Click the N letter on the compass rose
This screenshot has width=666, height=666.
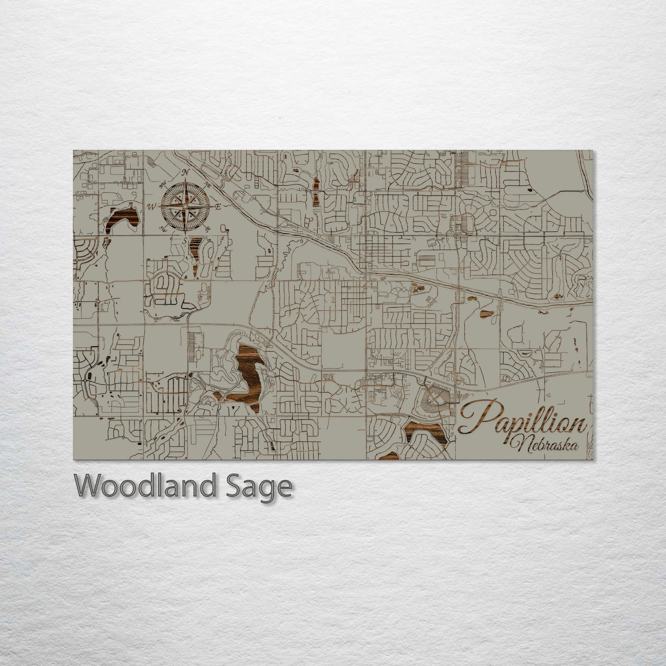(185, 172)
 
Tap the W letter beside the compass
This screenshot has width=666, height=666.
(151, 207)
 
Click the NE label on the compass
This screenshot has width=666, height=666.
(207, 183)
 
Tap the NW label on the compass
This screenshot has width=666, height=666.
(163, 185)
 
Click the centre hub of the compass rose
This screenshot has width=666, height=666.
(185, 206)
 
